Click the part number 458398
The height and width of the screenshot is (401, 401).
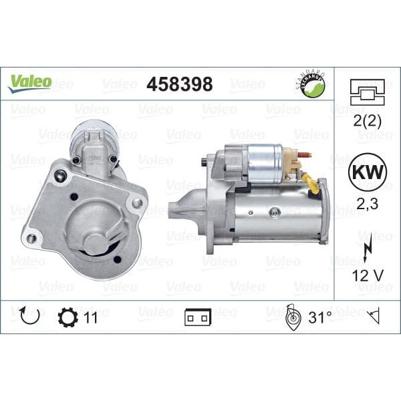click(179, 84)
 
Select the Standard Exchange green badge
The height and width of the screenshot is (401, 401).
click(311, 85)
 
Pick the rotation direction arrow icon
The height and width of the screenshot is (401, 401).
click(29, 317)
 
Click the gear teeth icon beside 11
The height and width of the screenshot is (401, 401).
click(68, 317)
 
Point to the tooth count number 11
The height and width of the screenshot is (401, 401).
click(90, 317)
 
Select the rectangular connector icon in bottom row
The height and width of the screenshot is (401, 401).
click(198, 317)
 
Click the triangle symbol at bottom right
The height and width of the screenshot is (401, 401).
click(373, 317)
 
